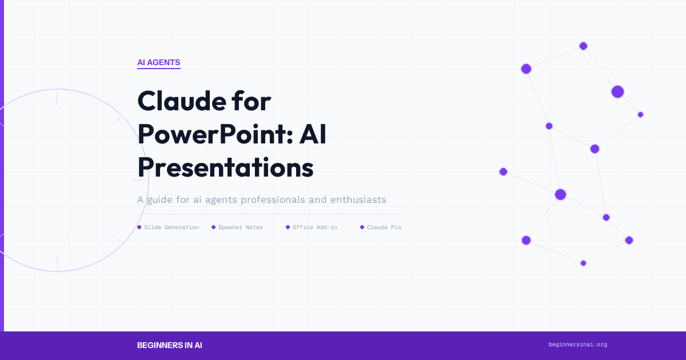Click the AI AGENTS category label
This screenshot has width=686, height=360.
point(158,63)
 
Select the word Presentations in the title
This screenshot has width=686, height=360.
point(225,169)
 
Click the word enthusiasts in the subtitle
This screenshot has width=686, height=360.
point(354,200)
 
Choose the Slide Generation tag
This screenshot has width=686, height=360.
point(171,227)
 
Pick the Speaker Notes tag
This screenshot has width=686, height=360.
point(240,227)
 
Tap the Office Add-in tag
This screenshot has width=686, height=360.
point(314,227)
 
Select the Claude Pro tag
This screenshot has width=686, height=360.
point(384,227)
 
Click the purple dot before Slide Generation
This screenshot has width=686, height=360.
point(139,227)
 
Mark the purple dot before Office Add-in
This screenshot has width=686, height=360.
point(288,227)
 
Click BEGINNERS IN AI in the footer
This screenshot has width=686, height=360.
point(169,345)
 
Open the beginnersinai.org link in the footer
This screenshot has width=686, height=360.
point(577,345)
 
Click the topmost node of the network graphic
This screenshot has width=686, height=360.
point(583,46)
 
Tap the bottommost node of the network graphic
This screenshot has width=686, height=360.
point(583,263)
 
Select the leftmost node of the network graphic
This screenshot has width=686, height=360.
point(503,171)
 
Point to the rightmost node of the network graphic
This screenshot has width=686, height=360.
point(640,114)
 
